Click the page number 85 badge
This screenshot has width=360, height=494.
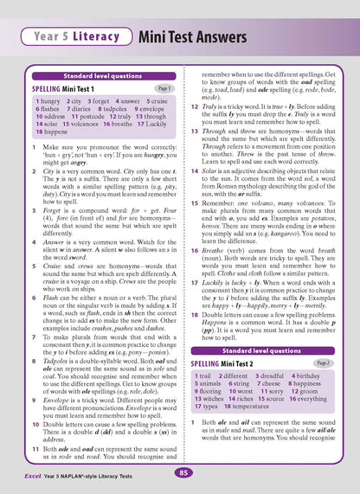(180, 472)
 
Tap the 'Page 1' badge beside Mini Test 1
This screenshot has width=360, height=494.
(164, 88)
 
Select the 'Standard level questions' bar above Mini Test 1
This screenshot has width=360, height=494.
(97, 76)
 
